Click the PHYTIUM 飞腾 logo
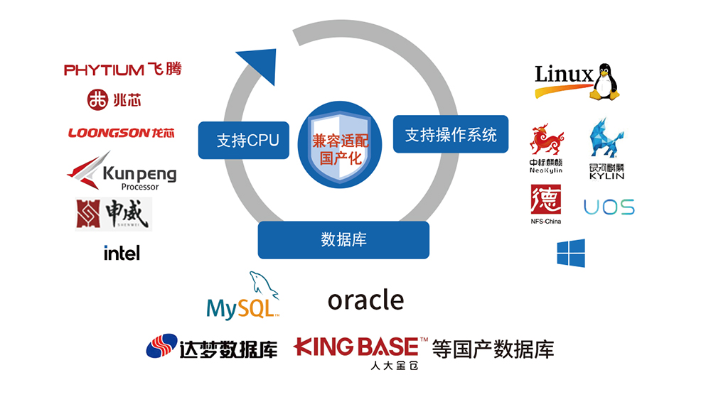tap(122, 70)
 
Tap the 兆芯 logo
tap(114, 100)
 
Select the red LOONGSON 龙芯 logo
tap(122, 133)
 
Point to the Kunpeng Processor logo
tap(122, 171)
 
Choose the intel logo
tap(122, 253)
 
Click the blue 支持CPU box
tap(238, 140)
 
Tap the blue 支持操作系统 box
tap(451, 134)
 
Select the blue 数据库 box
tap(343, 239)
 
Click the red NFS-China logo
tap(546, 204)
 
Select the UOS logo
tap(609, 207)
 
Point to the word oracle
tap(365, 300)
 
